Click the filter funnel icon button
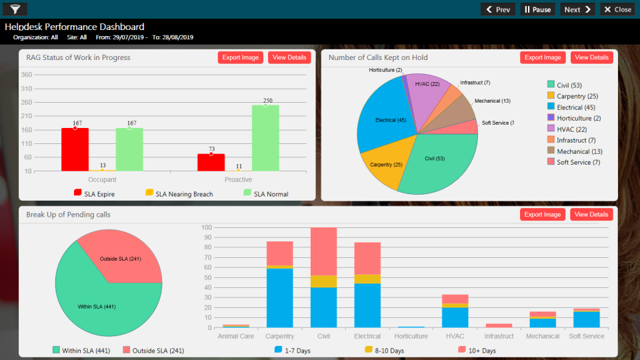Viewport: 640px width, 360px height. point(15,9)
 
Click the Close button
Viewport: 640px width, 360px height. point(617,9)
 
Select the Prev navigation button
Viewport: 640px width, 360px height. point(498,9)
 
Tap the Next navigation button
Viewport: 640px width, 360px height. point(577,9)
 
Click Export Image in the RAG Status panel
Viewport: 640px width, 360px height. point(241,57)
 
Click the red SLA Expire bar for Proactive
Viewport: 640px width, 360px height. point(211,163)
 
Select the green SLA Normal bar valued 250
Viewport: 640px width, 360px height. point(265,137)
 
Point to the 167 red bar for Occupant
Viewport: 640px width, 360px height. point(75,149)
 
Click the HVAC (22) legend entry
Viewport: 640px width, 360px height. point(572,129)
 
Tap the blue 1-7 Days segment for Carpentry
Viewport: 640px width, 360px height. point(279,297)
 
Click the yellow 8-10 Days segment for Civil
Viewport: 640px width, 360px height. point(323,281)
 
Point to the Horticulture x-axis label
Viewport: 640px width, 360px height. point(411,337)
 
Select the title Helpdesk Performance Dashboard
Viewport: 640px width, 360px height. point(75,27)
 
